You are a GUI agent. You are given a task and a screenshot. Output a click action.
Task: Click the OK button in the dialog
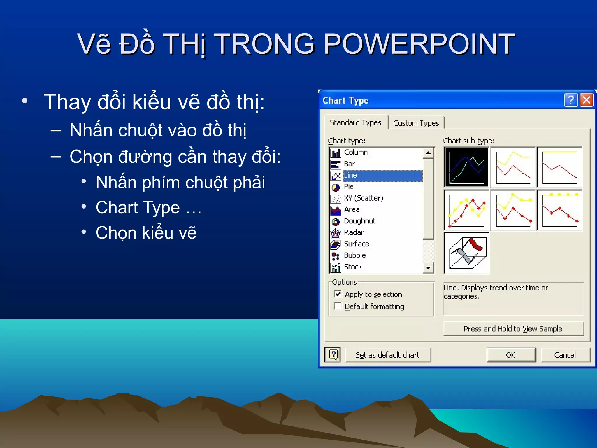511,355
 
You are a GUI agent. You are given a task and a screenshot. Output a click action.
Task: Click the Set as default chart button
388,355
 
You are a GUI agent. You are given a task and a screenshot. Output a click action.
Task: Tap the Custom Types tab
416,123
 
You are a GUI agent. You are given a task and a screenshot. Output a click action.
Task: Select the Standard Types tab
355,123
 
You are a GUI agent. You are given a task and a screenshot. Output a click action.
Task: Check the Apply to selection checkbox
338,294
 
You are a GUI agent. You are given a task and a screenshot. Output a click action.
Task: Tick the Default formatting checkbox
338,306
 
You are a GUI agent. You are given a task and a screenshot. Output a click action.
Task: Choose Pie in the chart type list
349,187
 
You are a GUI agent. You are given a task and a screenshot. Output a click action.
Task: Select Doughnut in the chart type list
359,221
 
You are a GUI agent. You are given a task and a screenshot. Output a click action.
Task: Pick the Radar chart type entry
354,232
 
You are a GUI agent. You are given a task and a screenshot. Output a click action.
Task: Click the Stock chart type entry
353,267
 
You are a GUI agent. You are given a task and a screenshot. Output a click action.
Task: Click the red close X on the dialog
587,100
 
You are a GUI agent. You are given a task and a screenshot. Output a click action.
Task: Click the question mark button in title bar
570,100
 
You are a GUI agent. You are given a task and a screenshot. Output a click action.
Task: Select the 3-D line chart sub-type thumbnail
467,253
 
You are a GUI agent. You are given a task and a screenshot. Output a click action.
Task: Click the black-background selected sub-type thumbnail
467,167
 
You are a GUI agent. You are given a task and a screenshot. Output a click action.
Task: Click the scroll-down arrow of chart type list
428,267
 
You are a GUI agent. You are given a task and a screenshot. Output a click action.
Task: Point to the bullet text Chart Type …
148,208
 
